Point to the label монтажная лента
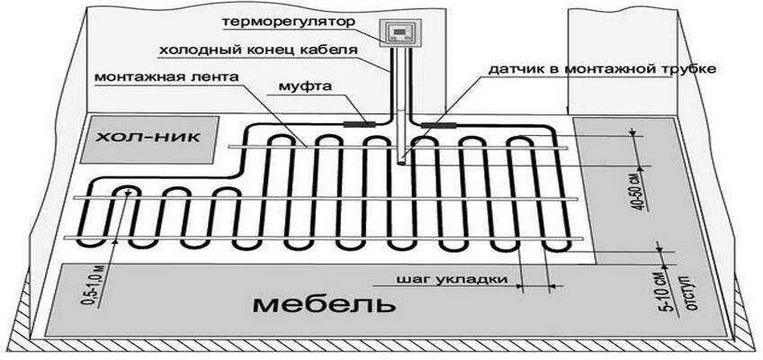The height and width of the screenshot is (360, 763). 166,77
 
